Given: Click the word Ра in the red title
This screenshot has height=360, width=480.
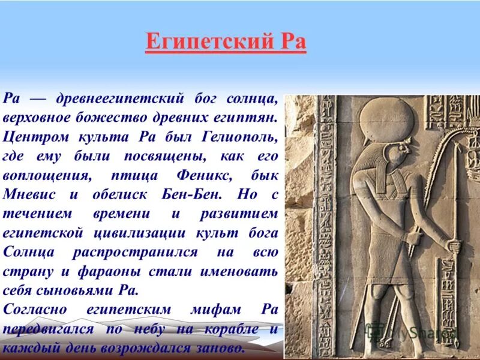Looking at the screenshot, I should click(292, 43).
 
